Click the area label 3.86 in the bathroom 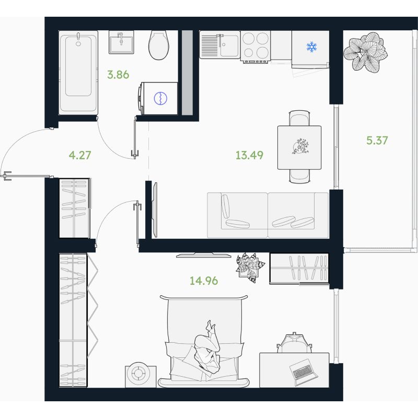click(118, 75)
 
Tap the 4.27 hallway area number click(80, 155)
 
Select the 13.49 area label click(250, 155)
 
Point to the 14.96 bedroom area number click(204, 281)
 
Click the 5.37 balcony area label click(377, 140)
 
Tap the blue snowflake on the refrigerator click(311, 47)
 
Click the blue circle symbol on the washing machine click(160, 98)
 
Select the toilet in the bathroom click(159, 45)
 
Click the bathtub click(78, 73)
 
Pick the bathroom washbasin click(121, 42)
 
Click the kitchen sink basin click(229, 45)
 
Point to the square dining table click(299, 147)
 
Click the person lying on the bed click(208, 346)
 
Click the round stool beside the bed click(141, 376)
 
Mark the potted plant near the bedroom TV click(250, 267)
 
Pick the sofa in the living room click(268, 215)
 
